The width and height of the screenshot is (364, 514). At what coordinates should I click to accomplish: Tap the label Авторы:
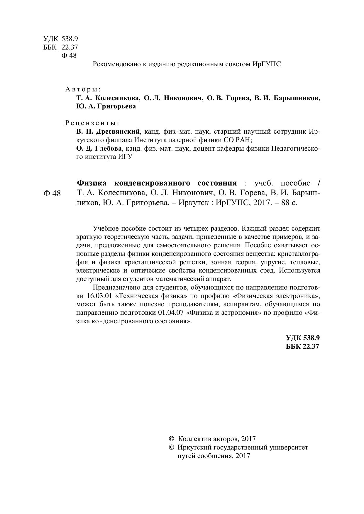[x=83, y=89]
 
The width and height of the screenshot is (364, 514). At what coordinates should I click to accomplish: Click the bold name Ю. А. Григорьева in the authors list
[x=106, y=106]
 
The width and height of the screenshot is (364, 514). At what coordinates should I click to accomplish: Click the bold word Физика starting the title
[x=92, y=183]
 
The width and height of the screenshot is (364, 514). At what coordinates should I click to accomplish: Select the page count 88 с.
[x=289, y=202]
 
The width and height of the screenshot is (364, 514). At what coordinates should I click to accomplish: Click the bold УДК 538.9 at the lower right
[x=303, y=338]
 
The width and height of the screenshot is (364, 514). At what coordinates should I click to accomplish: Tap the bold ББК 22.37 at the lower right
[x=302, y=346]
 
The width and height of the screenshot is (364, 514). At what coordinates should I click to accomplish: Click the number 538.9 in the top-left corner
[x=70, y=39]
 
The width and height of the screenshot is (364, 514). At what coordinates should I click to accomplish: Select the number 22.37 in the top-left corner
[x=70, y=47]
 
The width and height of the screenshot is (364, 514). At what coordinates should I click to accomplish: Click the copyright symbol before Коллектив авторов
[x=172, y=439]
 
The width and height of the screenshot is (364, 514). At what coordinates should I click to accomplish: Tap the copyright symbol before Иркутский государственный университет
[x=172, y=447]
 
